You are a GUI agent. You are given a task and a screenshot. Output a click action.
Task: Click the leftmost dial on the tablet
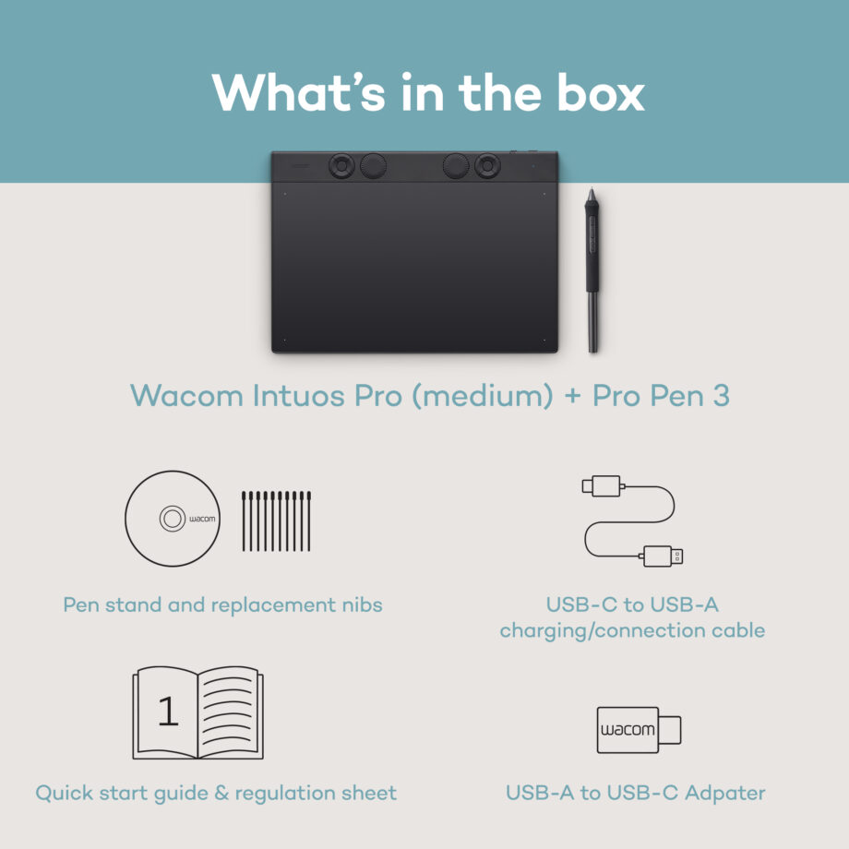point(341,166)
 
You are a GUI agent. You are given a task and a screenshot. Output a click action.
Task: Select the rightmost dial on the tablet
point(488,166)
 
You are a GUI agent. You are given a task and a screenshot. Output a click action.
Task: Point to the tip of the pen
point(593,348)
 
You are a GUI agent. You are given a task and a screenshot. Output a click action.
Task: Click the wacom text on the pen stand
point(201,519)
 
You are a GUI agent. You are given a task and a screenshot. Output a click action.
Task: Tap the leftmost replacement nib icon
point(245,521)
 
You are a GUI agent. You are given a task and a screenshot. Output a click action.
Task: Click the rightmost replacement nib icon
point(308,521)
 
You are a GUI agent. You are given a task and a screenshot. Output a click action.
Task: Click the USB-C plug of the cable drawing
point(602,485)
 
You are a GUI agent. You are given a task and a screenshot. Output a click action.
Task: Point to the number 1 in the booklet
point(167,711)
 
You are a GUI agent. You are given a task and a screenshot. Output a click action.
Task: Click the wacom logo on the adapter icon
point(628,730)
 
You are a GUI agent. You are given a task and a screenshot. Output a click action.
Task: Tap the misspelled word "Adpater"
point(720,793)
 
